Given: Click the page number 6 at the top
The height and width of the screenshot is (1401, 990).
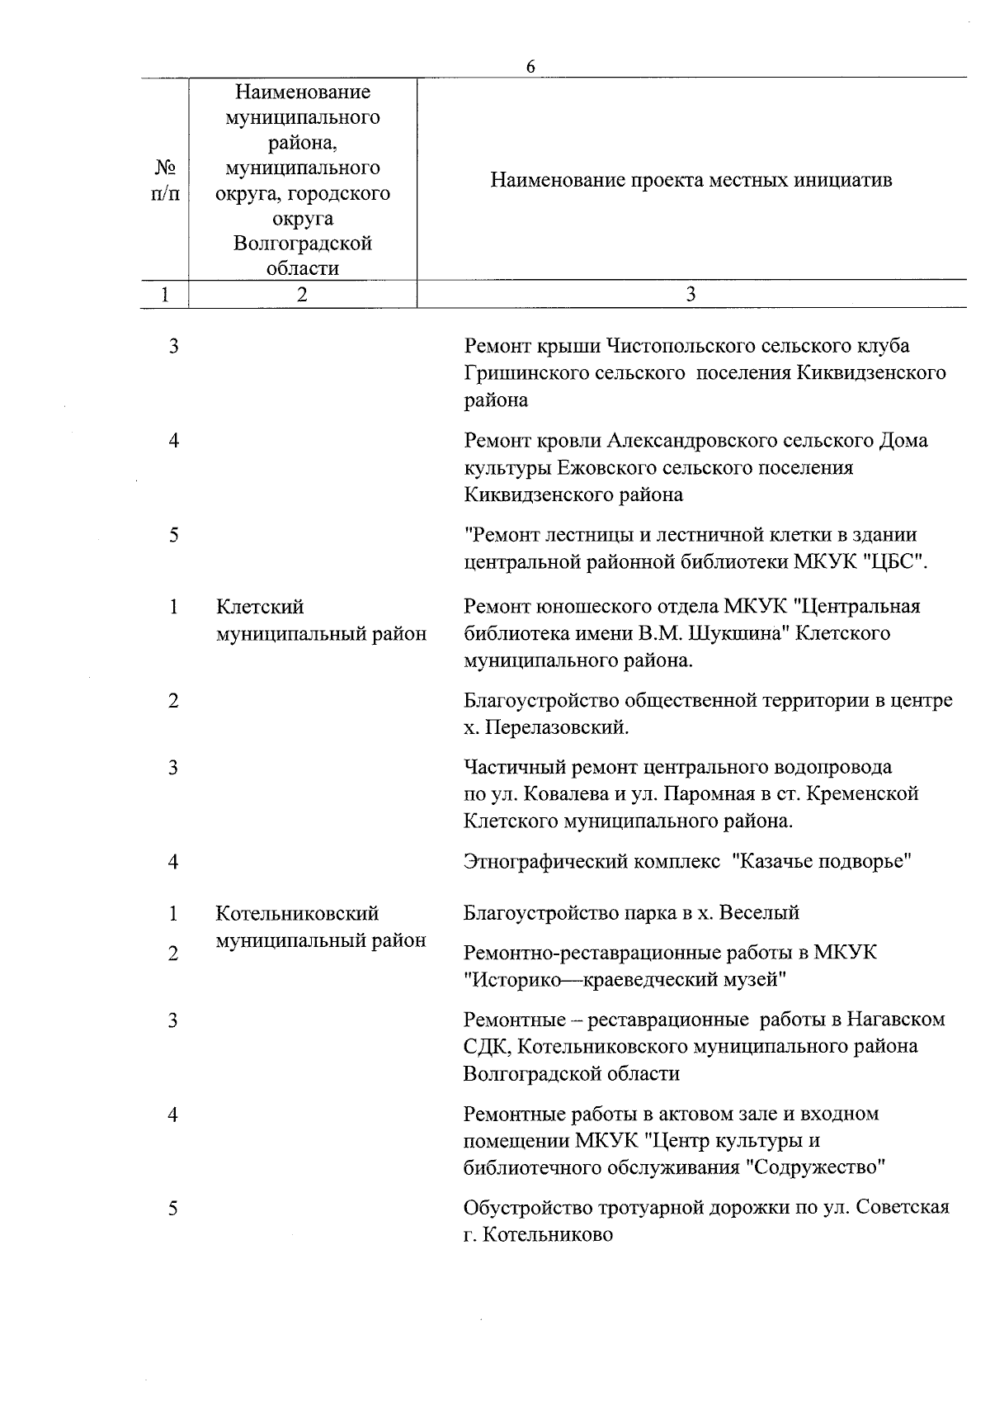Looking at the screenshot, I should tap(530, 67).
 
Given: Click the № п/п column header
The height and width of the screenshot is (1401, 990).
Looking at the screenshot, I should tap(166, 180).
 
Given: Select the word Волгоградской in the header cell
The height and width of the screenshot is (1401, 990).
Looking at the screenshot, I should tap(302, 244).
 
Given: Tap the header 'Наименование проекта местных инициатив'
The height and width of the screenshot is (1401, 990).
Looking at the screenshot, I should tap(691, 180).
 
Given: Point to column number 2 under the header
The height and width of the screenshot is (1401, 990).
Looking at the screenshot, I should tap(303, 295).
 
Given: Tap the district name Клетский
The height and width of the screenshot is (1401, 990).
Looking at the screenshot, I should tap(260, 607).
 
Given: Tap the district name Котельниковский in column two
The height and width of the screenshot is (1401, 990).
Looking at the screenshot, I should tap(297, 914).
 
